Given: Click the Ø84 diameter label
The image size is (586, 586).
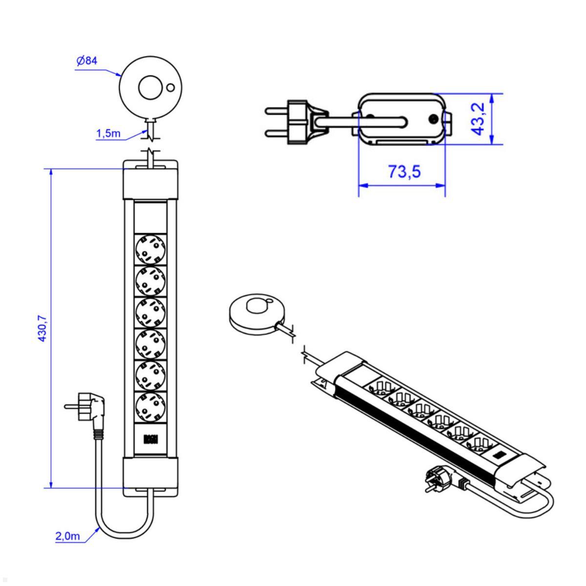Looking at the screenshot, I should [x=87, y=61].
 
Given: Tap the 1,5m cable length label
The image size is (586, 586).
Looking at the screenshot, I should [x=108, y=133].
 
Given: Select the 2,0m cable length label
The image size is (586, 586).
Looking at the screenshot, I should [x=67, y=536].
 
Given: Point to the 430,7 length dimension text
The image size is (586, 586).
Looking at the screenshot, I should [x=42, y=328].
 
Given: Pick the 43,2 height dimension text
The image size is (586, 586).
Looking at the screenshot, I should [x=478, y=119].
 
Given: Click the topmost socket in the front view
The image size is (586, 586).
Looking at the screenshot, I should [x=150, y=249].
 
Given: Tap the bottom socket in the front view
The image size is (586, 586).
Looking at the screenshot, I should [x=150, y=407].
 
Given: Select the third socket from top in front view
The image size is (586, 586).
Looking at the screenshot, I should [x=150, y=312].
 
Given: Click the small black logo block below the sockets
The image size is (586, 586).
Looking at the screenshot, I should [x=150, y=439].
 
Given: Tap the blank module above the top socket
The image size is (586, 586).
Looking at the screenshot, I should [x=150, y=217].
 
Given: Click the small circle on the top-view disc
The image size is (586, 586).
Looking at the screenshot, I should [x=170, y=88].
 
